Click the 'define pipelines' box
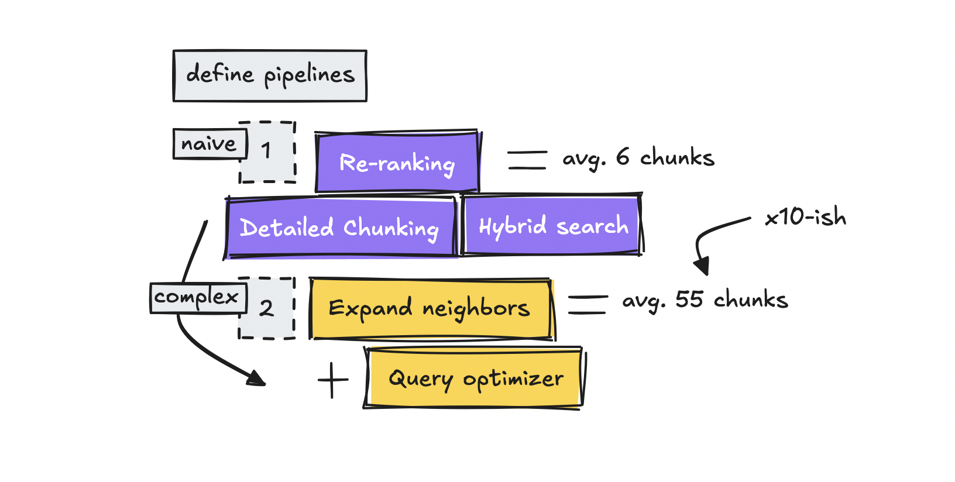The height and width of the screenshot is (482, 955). [270, 76]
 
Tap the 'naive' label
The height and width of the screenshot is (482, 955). [209, 143]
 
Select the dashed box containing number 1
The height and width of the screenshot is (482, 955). [267, 152]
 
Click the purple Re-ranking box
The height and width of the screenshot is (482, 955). [397, 162]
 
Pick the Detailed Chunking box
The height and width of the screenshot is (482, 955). [340, 228]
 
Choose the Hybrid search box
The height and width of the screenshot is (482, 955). [552, 225]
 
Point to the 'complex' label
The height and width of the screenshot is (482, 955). [198, 297]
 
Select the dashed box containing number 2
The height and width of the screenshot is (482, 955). [267, 308]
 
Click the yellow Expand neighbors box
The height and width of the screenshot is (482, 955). [430, 309]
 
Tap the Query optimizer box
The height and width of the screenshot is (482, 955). [475, 378]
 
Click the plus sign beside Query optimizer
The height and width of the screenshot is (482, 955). [333, 380]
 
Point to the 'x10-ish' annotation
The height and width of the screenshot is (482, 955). [805, 217]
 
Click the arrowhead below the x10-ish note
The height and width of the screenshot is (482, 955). [702, 266]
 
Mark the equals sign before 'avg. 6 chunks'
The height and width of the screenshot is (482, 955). [527, 160]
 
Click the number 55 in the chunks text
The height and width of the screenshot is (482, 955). [689, 299]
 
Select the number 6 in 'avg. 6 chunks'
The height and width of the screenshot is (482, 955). [623, 157]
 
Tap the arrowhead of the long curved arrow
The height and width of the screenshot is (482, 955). [256, 379]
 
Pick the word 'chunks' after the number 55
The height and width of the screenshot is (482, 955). [751, 299]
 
